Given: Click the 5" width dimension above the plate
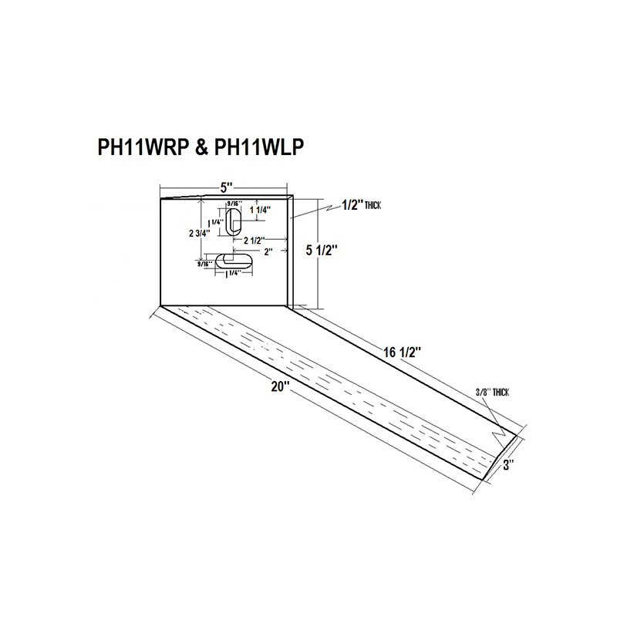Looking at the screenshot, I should [225, 187].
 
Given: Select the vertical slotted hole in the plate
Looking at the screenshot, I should [234, 221].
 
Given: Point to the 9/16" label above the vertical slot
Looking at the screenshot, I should [234, 204].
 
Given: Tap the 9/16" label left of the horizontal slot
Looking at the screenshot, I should [205, 264].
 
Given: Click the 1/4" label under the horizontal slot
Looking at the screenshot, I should [232, 272].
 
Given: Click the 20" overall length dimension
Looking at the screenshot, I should [279, 388].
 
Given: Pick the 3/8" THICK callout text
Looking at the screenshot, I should [494, 393].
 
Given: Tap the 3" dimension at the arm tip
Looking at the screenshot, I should [509, 464].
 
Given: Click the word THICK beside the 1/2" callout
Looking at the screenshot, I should [371, 206].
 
